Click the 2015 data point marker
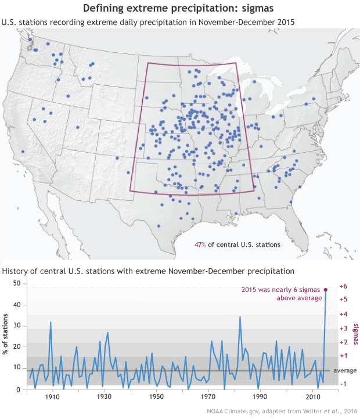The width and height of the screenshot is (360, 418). tap(326, 289)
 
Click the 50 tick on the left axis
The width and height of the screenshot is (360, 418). tap(16, 283)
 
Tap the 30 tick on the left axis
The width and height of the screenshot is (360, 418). tap(16, 326)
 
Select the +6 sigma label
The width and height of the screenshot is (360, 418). tap(343, 286)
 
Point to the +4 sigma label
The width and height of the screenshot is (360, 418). tap(343, 314)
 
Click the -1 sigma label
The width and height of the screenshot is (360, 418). tap(343, 384)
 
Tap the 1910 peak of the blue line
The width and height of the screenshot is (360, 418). tap(51, 322)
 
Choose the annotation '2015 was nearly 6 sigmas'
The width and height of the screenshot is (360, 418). tap(282, 290)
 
